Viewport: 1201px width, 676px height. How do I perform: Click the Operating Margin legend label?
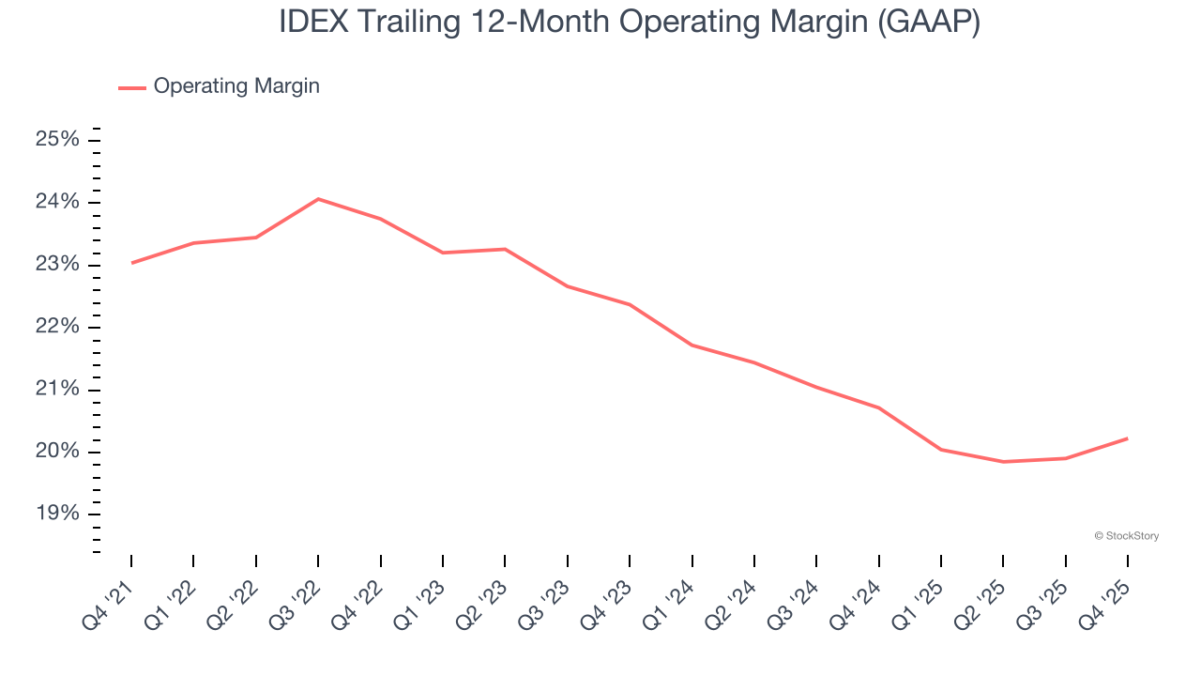(236, 86)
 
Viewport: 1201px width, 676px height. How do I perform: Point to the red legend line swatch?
(132, 87)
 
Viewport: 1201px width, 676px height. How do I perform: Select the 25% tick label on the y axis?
(57, 140)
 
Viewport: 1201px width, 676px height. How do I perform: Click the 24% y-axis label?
(57, 203)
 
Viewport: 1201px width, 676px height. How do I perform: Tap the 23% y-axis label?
(57, 265)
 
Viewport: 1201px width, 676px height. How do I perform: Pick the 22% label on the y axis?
(57, 327)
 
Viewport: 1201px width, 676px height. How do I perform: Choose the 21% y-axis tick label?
(57, 390)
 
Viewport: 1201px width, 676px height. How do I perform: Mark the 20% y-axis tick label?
(57, 452)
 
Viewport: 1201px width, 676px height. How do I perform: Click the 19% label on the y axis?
(57, 514)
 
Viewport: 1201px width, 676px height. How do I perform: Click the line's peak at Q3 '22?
(318, 199)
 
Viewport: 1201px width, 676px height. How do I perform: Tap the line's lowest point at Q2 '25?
(1003, 462)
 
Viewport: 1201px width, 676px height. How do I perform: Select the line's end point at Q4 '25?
(1127, 438)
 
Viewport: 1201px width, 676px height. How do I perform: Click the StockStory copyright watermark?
(1126, 536)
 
